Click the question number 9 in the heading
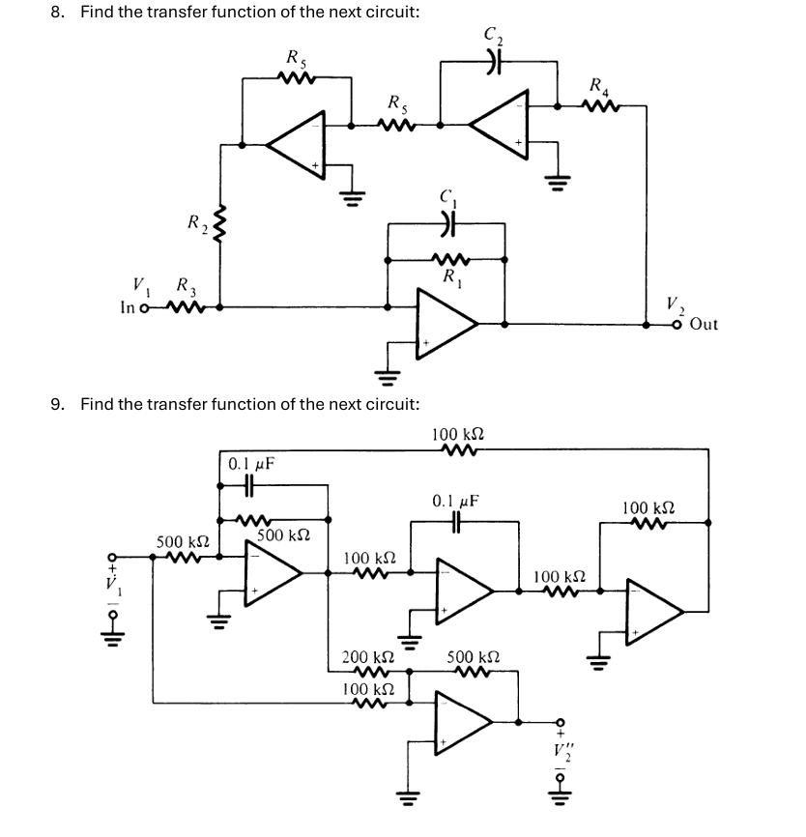pos(56,404)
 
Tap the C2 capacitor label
pos(494,38)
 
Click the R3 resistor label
pos(183,285)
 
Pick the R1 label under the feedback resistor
pos(448,278)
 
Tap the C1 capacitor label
pos(446,198)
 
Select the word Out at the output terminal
pos(705,325)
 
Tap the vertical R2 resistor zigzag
pos(221,227)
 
